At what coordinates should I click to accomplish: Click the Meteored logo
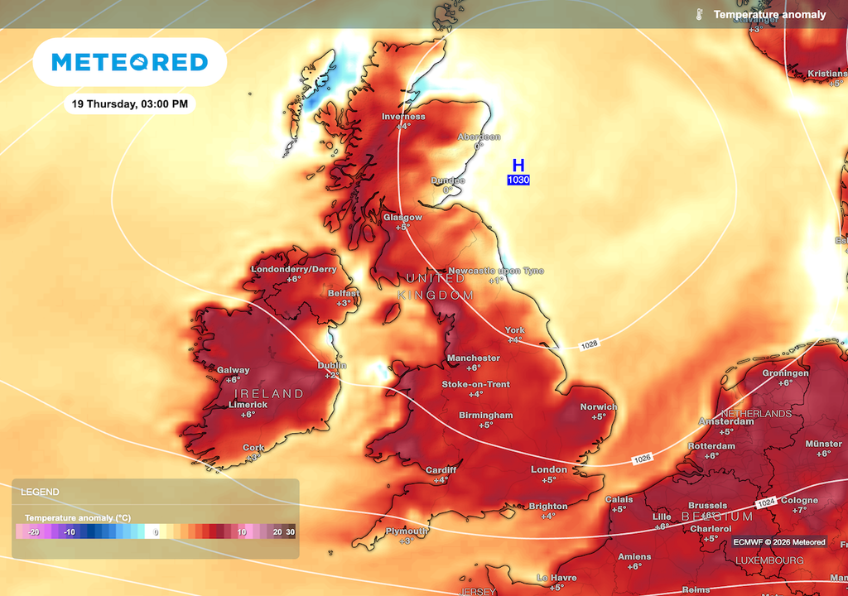[x=129, y=62]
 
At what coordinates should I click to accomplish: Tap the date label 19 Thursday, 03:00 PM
[x=129, y=104]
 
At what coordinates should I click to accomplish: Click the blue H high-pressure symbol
[x=518, y=166]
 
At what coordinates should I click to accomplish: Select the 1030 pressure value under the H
[x=518, y=180]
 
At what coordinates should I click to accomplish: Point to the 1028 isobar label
[x=589, y=344]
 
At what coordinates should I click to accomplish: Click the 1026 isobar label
[x=643, y=459]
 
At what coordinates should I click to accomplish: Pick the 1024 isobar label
[x=766, y=503]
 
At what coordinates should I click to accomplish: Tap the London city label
[x=548, y=469]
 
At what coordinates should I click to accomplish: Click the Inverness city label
[x=403, y=117]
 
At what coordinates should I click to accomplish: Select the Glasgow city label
[x=402, y=217]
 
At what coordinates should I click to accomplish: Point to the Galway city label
[x=233, y=370]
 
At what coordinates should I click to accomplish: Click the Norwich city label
[x=598, y=406]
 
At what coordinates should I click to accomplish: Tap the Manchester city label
[x=473, y=358]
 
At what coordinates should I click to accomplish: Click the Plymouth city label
[x=407, y=531]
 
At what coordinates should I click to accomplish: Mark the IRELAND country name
[x=268, y=393]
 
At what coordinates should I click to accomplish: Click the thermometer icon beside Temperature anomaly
[x=699, y=15]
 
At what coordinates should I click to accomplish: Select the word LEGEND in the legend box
[x=40, y=492]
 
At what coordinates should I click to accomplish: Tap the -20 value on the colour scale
[x=34, y=532]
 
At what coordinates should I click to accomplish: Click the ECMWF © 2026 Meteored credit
[x=778, y=542]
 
